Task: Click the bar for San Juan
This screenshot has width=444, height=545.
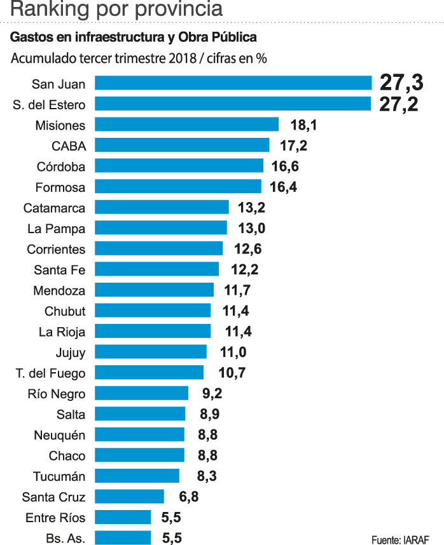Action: pyautogui.click(x=233, y=83)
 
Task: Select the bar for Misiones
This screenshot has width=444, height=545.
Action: pyautogui.click(x=186, y=124)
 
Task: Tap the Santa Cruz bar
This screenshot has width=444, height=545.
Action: pyautogui.click(x=129, y=497)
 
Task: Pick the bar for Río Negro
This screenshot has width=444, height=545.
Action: pyautogui.click(x=141, y=393)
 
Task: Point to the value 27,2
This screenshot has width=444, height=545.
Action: pyautogui.click(x=399, y=104)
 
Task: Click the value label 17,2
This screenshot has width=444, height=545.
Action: pyautogui.click(x=293, y=145)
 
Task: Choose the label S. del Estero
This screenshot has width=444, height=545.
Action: pyautogui.click(x=49, y=104)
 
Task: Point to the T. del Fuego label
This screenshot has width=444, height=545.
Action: pyautogui.click(x=50, y=373)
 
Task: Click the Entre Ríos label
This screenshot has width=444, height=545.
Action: pyautogui.click(x=55, y=517)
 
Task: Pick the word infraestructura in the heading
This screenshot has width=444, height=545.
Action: pyautogui.click(x=123, y=37)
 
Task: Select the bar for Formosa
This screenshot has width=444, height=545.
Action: pyautogui.click(x=177, y=187)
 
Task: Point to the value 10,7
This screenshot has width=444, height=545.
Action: pyautogui.click(x=232, y=373)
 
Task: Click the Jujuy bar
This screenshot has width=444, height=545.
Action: pyautogui.click(x=150, y=352)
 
